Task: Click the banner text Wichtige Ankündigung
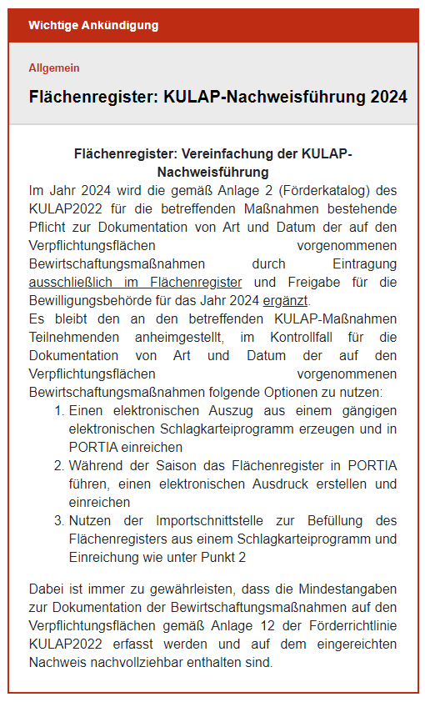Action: (x=93, y=25)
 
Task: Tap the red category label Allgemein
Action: (x=54, y=68)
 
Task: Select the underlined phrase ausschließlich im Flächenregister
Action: (x=135, y=282)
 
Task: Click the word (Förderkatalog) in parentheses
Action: (x=327, y=190)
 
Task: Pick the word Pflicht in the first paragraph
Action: (x=49, y=227)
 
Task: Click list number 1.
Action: (x=58, y=410)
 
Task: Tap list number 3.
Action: (x=58, y=520)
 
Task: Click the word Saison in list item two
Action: (x=177, y=465)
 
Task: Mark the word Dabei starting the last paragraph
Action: (x=45, y=589)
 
